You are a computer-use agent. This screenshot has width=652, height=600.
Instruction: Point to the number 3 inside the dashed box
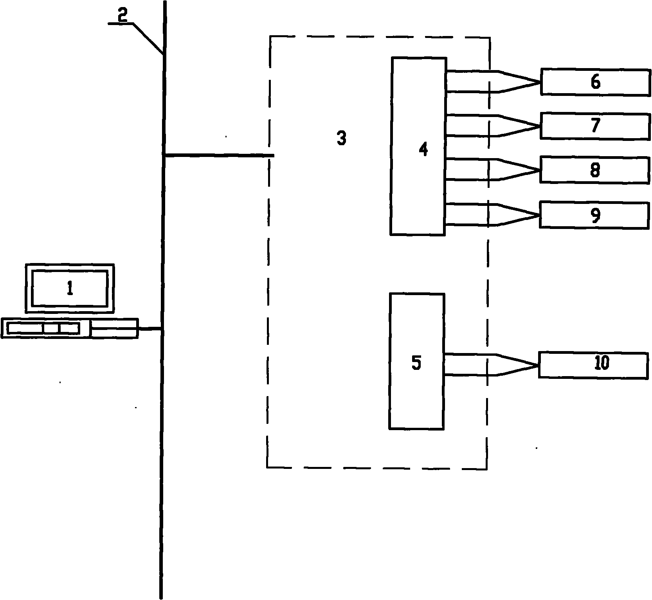342,138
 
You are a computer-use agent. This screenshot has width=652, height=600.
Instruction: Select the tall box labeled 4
418,146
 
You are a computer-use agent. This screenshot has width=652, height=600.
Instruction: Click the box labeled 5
416,361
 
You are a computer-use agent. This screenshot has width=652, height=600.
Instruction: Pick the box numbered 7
595,126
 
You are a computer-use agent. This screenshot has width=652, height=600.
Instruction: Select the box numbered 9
594,215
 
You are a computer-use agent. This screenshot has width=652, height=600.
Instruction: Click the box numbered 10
593,365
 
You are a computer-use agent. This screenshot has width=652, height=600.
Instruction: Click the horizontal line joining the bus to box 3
219,155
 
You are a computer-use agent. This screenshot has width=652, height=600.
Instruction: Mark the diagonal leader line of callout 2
148,38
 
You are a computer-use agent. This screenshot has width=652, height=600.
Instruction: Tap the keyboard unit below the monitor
70,328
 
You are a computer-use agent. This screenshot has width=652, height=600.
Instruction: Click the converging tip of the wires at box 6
540,82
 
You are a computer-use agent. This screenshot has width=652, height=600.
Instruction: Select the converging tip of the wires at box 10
538,365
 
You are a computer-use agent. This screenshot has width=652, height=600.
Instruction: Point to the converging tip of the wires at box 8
539,170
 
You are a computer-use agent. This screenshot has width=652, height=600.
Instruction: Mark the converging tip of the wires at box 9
539,215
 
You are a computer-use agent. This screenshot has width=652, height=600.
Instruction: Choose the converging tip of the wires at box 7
540,126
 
